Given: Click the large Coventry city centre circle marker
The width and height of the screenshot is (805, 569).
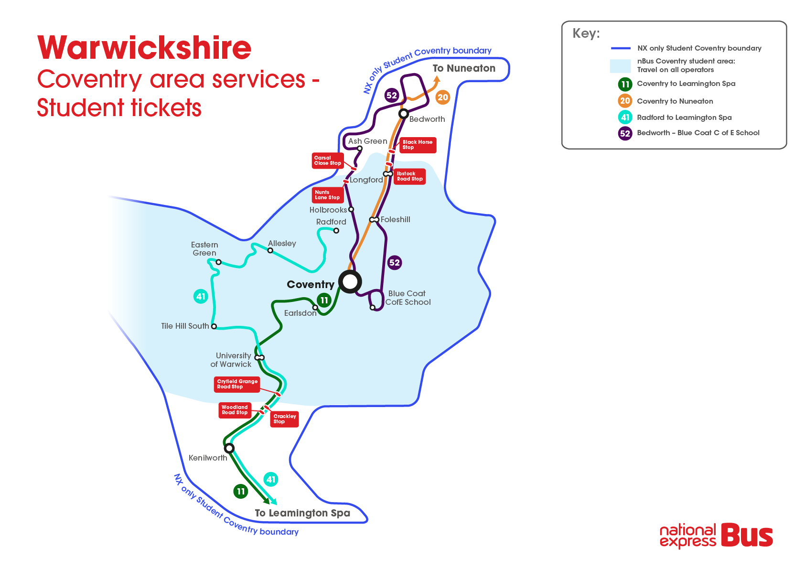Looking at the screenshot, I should point(350,282).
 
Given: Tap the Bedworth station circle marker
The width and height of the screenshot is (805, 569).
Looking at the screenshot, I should point(404,114).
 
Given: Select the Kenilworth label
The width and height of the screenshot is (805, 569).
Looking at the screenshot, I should point(208,458).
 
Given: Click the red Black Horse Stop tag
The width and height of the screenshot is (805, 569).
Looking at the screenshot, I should point(418,145).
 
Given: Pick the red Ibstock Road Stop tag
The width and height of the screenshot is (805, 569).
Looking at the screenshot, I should point(410,176).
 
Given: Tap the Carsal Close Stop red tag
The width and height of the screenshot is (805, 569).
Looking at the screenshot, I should point(328,161).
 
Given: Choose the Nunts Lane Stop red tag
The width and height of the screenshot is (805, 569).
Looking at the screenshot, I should point(327,195).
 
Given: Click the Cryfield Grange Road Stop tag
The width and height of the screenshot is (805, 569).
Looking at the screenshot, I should point(237,384).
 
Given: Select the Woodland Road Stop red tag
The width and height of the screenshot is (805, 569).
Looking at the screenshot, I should point(235,410).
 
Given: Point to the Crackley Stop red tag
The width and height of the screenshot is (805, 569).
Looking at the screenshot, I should point(285,419).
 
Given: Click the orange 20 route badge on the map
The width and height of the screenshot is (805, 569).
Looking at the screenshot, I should point(443,97).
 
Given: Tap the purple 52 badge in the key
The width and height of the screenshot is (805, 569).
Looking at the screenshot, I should point(625,133).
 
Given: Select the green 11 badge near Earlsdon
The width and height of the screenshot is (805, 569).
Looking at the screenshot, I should point(324,300).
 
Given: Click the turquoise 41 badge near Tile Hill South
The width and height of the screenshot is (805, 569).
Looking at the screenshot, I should point(201,296).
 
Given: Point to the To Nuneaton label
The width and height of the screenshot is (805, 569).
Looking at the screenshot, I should point(464,68).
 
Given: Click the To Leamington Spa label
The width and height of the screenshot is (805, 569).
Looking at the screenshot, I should point(302,513).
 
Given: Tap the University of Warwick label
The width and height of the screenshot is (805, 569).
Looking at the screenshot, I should point(232,360).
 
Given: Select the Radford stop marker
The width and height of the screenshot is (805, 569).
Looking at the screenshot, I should point(336,231).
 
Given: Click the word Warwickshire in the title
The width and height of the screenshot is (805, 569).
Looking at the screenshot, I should point(144,48).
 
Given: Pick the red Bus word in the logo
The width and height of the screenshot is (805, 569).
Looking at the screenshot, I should point(747,536).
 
